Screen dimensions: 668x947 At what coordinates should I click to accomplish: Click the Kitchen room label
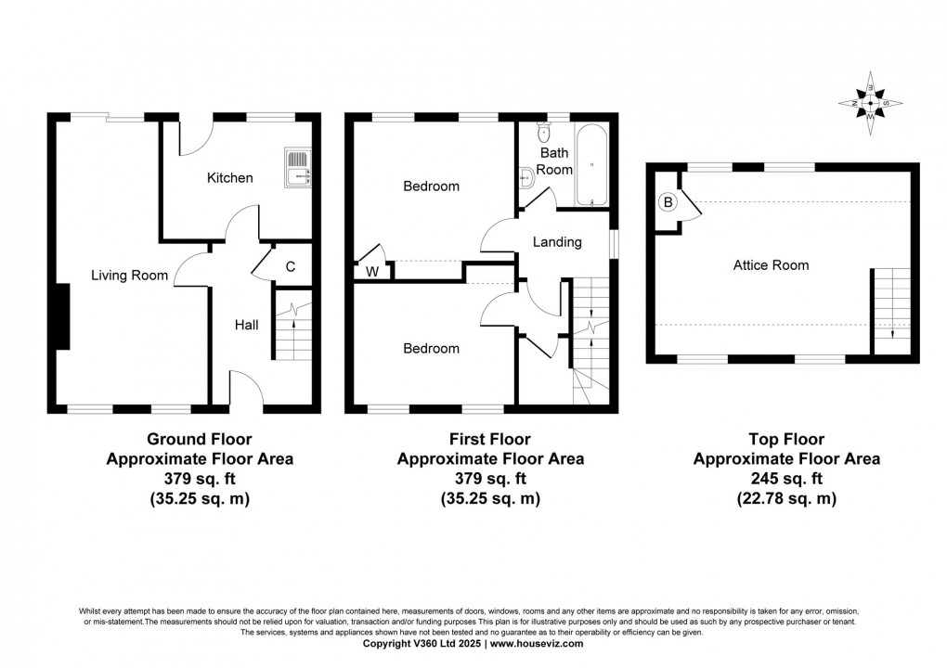pyautogui.click(x=229, y=177)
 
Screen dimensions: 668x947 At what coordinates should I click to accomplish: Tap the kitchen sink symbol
pyautogui.click(x=298, y=169)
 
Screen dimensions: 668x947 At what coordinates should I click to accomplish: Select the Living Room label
pyautogui.click(x=129, y=275)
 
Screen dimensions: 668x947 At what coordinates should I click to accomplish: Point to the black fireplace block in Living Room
pyautogui.click(x=61, y=317)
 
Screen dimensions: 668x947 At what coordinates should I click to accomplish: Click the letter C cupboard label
pyautogui.click(x=290, y=267)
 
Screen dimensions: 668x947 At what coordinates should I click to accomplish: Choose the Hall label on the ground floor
pyautogui.click(x=246, y=325)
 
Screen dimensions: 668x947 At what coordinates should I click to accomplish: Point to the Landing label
pyautogui.click(x=557, y=242)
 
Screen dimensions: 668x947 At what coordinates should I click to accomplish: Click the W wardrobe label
pyautogui.click(x=371, y=272)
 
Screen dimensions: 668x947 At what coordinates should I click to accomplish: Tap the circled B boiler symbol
pyautogui.click(x=667, y=202)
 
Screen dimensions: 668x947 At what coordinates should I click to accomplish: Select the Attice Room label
pyautogui.click(x=771, y=265)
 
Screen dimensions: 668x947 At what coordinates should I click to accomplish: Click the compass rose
pyautogui.click(x=870, y=102)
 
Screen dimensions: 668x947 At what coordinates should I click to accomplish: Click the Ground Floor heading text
pyautogui.click(x=200, y=439)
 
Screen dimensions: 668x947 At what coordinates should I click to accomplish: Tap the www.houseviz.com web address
pyautogui.click(x=537, y=643)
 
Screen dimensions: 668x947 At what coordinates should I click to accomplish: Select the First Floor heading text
pyautogui.click(x=490, y=439)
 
